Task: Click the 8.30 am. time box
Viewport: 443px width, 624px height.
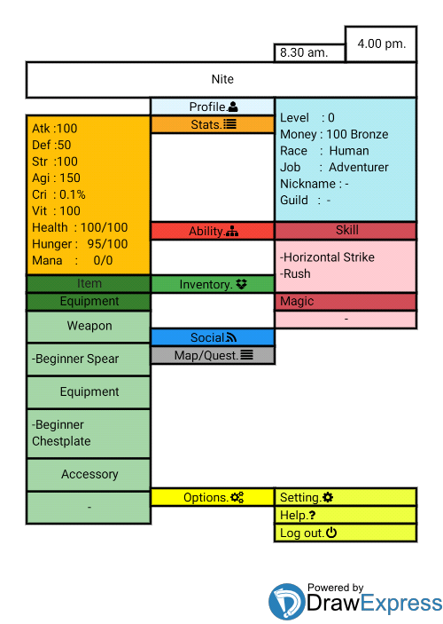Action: tap(309, 52)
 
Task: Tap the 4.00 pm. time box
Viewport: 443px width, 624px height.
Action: tap(381, 43)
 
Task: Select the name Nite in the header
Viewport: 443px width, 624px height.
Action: tap(222, 79)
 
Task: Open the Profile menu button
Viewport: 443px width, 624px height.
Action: tap(213, 107)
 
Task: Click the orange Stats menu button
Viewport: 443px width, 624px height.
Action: tap(213, 124)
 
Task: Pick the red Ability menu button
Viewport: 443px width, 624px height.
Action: tap(213, 231)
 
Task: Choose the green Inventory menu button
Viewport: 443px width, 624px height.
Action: tap(213, 284)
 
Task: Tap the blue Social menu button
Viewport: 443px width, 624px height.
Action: tap(213, 337)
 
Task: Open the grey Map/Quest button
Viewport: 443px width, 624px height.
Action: tap(213, 355)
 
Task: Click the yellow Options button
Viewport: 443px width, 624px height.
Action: tap(213, 497)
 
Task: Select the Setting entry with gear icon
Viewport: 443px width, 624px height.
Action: tap(346, 497)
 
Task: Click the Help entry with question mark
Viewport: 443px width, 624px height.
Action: tap(346, 515)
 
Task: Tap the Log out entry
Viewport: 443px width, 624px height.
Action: tap(346, 533)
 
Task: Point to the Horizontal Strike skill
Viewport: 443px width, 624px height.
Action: tap(327, 257)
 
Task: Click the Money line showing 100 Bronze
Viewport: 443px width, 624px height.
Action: tap(334, 135)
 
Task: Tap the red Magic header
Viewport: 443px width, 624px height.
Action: tap(346, 301)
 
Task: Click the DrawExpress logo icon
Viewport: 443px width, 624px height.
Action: tap(287, 602)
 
